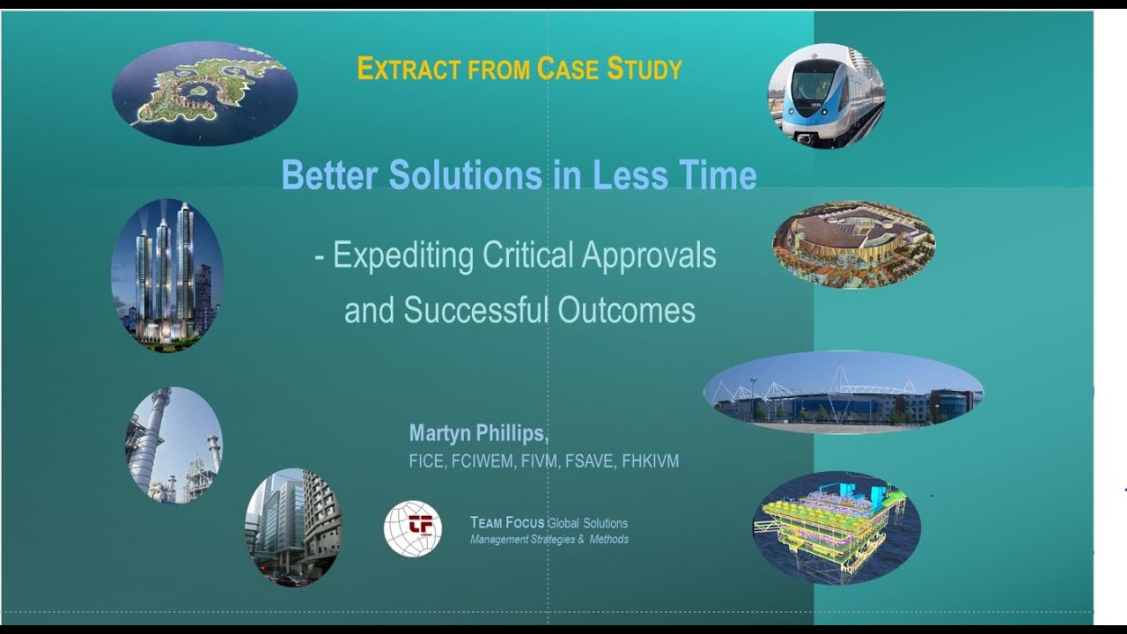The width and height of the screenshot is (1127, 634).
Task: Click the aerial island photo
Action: [204, 93]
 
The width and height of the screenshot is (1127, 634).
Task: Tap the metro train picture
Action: [826, 96]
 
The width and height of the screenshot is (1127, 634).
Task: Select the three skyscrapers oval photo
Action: [167, 275]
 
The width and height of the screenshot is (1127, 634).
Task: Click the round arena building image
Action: [853, 246]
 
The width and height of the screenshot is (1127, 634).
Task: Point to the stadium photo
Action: [843, 393]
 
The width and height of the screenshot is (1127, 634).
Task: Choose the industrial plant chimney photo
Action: [173, 445]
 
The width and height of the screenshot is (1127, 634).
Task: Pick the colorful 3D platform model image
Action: [836, 527]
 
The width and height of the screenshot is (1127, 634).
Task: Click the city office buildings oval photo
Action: [293, 527]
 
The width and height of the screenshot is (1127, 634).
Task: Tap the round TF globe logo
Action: [413, 528]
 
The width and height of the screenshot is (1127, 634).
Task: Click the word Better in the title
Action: [331, 175]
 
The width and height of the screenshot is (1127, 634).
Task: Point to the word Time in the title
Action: [717, 175]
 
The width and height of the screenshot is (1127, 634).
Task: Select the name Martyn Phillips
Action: [478, 433]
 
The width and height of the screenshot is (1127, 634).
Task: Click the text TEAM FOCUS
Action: [507, 523]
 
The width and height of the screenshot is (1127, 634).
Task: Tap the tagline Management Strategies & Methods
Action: [549, 539]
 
